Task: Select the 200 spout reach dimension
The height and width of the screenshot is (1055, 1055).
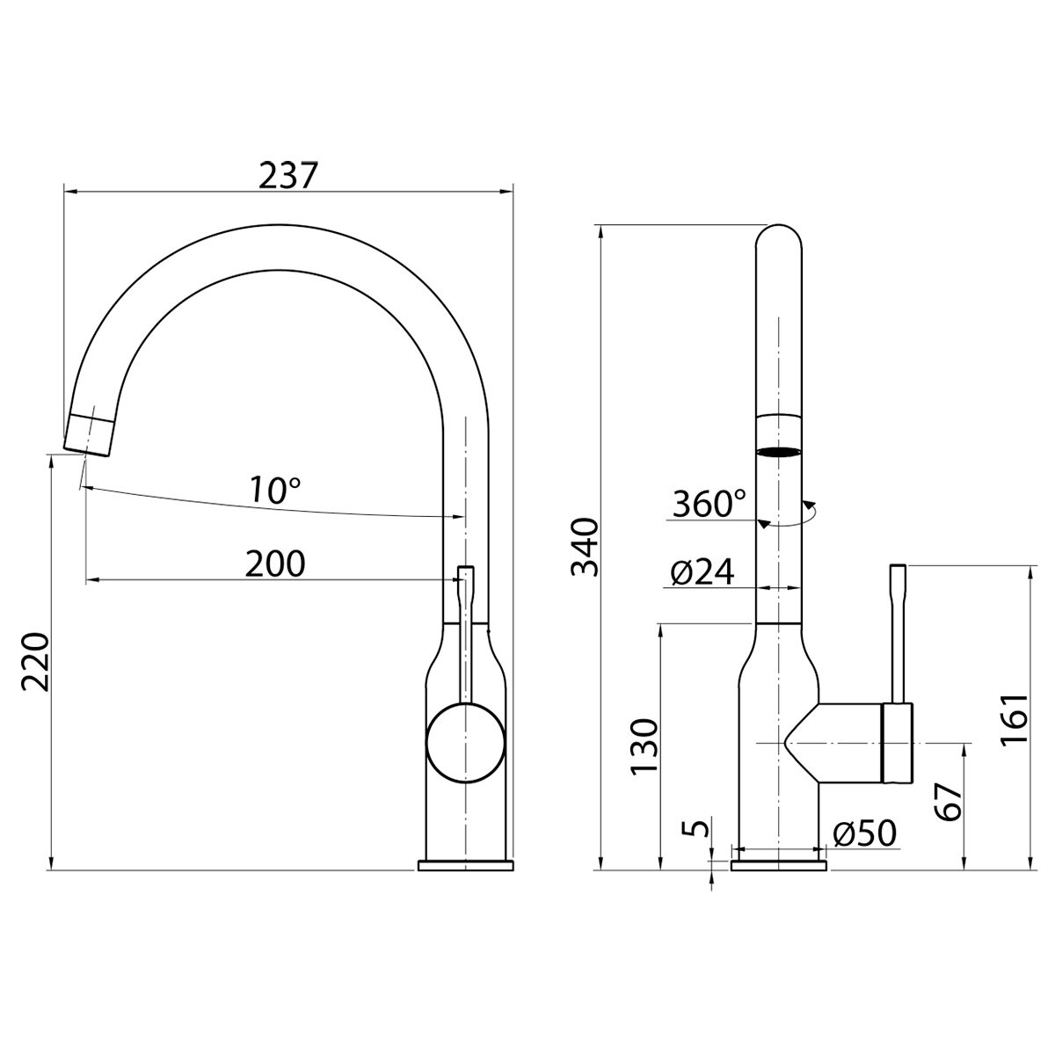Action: pos(274,564)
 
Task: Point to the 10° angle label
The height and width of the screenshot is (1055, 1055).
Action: pos(275,490)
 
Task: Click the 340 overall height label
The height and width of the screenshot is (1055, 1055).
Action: pos(586,547)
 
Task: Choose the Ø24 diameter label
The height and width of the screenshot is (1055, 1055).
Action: pos(702,572)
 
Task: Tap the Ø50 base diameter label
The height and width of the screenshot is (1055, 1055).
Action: pos(864,833)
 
